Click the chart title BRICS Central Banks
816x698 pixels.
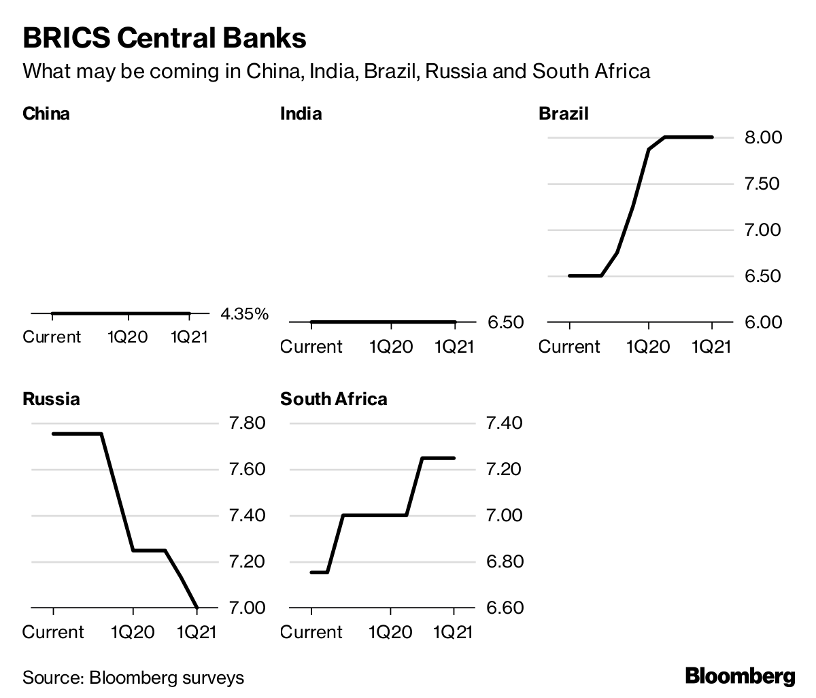pyautogui.click(x=164, y=38)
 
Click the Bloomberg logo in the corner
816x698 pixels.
pyautogui.click(x=740, y=676)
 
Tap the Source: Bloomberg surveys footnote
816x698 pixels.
pyautogui.click(x=133, y=678)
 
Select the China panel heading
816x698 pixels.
pyautogui.click(x=46, y=113)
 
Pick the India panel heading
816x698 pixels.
pyautogui.click(x=301, y=113)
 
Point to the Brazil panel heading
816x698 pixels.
pyautogui.click(x=563, y=113)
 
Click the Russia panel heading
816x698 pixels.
pyautogui.click(x=51, y=399)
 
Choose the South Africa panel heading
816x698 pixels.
pyautogui.click(x=333, y=399)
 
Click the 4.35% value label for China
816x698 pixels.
pyautogui.click(x=245, y=314)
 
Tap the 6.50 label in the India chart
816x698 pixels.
pyautogui.click(x=505, y=322)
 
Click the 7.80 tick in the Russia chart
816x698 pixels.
pyautogui.click(x=248, y=424)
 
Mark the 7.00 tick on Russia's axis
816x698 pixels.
pyautogui.click(x=248, y=608)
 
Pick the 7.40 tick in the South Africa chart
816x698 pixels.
pyautogui.click(x=505, y=424)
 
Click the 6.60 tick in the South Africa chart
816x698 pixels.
pyautogui.click(x=505, y=608)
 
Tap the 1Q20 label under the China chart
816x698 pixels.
pyautogui.click(x=128, y=337)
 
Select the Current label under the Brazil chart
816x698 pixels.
pyautogui.click(x=569, y=347)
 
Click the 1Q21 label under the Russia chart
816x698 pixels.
pyautogui.click(x=197, y=632)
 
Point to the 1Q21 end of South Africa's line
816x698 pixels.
pyautogui.click(x=454, y=458)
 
